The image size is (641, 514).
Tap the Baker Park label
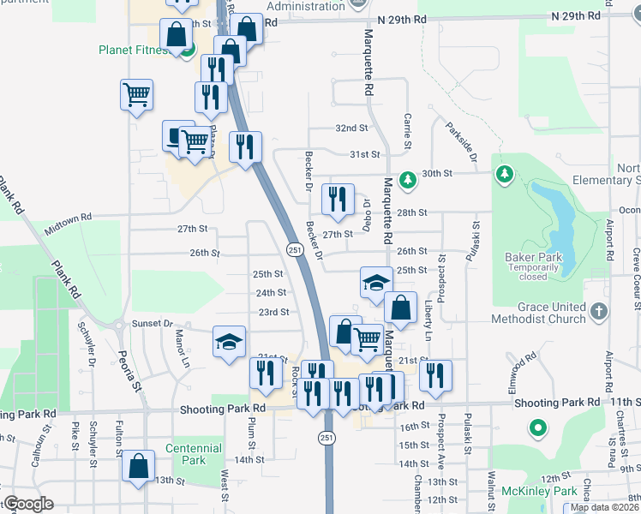click(x=532, y=257)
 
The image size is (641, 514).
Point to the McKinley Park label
click(x=541, y=491)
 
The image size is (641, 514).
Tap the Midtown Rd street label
click(x=68, y=224)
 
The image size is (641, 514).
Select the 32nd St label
click(x=351, y=128)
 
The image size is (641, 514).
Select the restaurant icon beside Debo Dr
click(x=337, y=199)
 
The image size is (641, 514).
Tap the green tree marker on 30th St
click(x=409, y=178)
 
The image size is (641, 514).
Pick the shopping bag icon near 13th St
click(x=138, y=466)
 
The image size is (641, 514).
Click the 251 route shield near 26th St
click(x=293, y=249)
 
